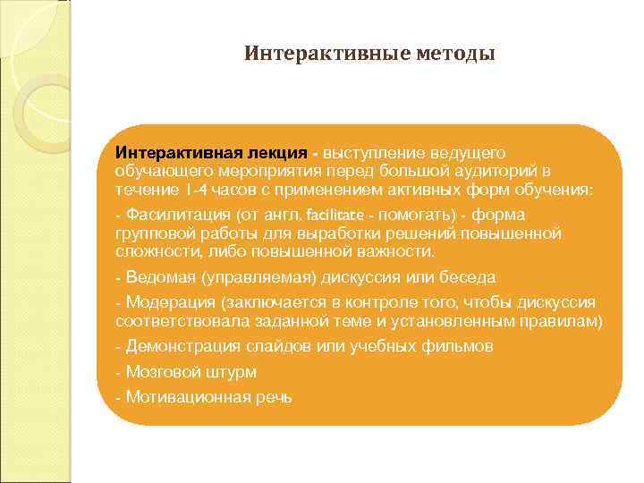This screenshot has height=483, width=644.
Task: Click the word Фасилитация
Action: pos(178,215)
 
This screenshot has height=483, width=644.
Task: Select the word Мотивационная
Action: pos(188,396)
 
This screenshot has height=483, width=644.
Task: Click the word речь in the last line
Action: pos(274,396)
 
